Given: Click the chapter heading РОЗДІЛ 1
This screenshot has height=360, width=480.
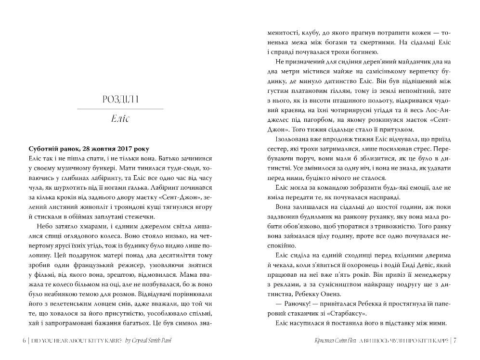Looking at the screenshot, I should pos(120,100).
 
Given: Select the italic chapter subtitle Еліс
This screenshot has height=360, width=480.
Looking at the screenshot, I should pos(120,118).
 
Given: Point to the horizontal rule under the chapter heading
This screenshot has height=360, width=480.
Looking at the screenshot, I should pos(120,109).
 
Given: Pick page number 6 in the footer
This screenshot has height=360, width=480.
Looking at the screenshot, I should pos(24,341).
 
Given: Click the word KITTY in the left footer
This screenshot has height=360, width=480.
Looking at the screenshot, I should pos(91,341).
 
